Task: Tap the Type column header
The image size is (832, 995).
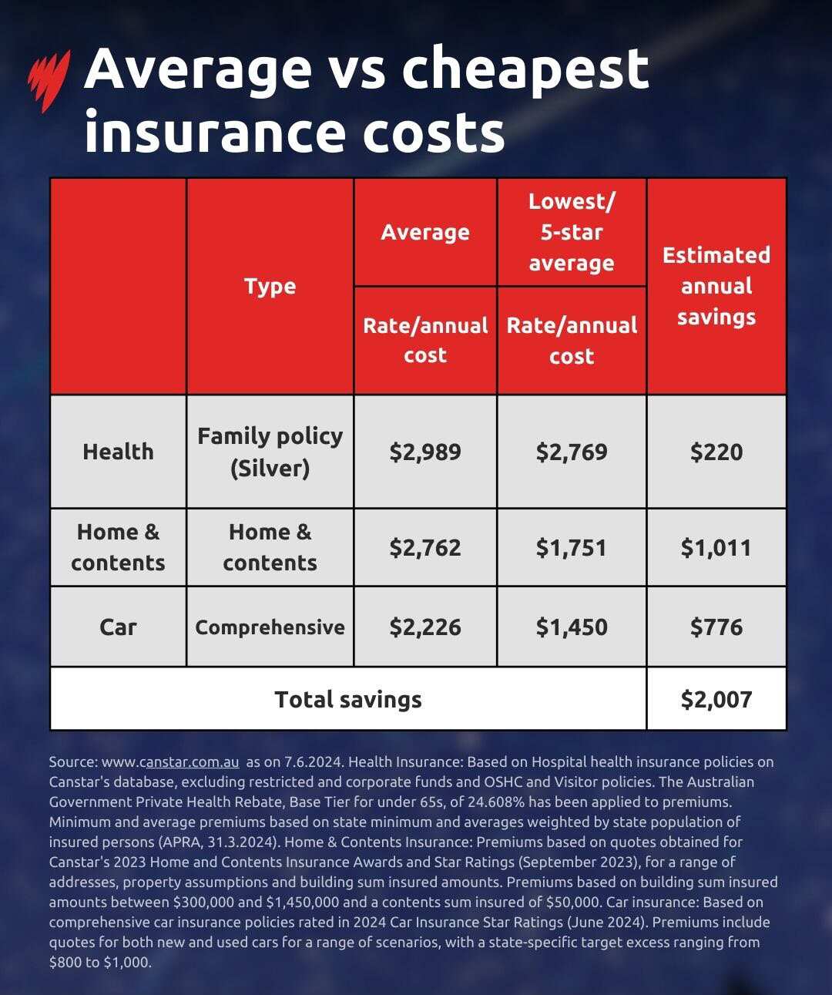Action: click(x=270, y=287)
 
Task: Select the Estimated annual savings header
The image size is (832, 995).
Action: click(x=716, y=286)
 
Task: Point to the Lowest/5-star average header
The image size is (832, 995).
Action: click(x=571, y=232)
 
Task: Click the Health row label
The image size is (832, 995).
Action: click(x=118, y=452)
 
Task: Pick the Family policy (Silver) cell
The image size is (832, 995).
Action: click(x=270, y=452)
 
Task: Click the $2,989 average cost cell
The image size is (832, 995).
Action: click(x=424, y=452)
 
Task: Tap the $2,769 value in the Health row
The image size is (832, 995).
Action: click(x=571, y=452)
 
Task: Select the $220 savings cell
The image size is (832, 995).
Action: click(x=716, y=452)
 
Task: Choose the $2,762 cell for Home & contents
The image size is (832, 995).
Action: click(x=424, y=548)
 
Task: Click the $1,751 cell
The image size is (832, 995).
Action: click(x=571, y=548)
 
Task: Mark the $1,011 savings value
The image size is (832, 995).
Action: click(x=716, y=548)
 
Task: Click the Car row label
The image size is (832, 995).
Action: click(x=118, y=627)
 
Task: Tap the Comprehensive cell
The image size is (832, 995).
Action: click(x=270, y=627)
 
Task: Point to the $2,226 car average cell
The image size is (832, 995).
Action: click(x=424, y=627)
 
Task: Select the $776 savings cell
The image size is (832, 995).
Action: click(x=716, y=627)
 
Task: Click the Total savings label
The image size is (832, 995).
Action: click(x=347, y=699)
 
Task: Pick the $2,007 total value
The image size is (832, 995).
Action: click(x=716, y=699)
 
